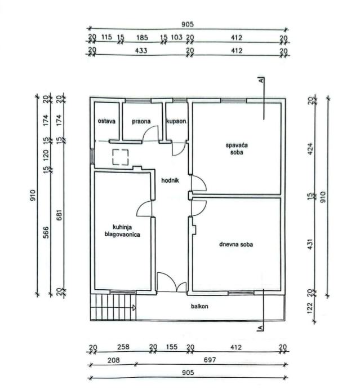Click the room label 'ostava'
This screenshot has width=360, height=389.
[106, 121]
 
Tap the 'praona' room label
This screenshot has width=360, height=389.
[141, 122]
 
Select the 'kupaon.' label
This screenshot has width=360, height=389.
[176, 122]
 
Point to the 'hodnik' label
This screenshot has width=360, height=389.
[170, 180]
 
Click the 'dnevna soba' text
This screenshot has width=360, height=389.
[236, 244]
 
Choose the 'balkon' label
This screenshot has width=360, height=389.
[199, 306]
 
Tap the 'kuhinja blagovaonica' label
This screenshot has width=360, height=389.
[122, 231]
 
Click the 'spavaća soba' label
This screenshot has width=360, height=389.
[237, 149]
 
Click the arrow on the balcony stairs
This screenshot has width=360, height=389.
[134, 308]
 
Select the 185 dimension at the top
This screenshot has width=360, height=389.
[143, 38]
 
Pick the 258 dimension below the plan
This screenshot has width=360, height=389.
[123, 347]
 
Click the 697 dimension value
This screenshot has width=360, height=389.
[210, 360]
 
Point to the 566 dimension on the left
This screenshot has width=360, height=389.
[46, 232]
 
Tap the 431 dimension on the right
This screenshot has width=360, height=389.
[310, 244]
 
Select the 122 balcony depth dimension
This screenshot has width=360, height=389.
[310, 308]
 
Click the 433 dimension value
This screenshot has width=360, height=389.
[141, 51]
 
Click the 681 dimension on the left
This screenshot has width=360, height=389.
[60, 215]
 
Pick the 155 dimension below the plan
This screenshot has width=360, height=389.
[172, 347]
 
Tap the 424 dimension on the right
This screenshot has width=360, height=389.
[310, 149]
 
